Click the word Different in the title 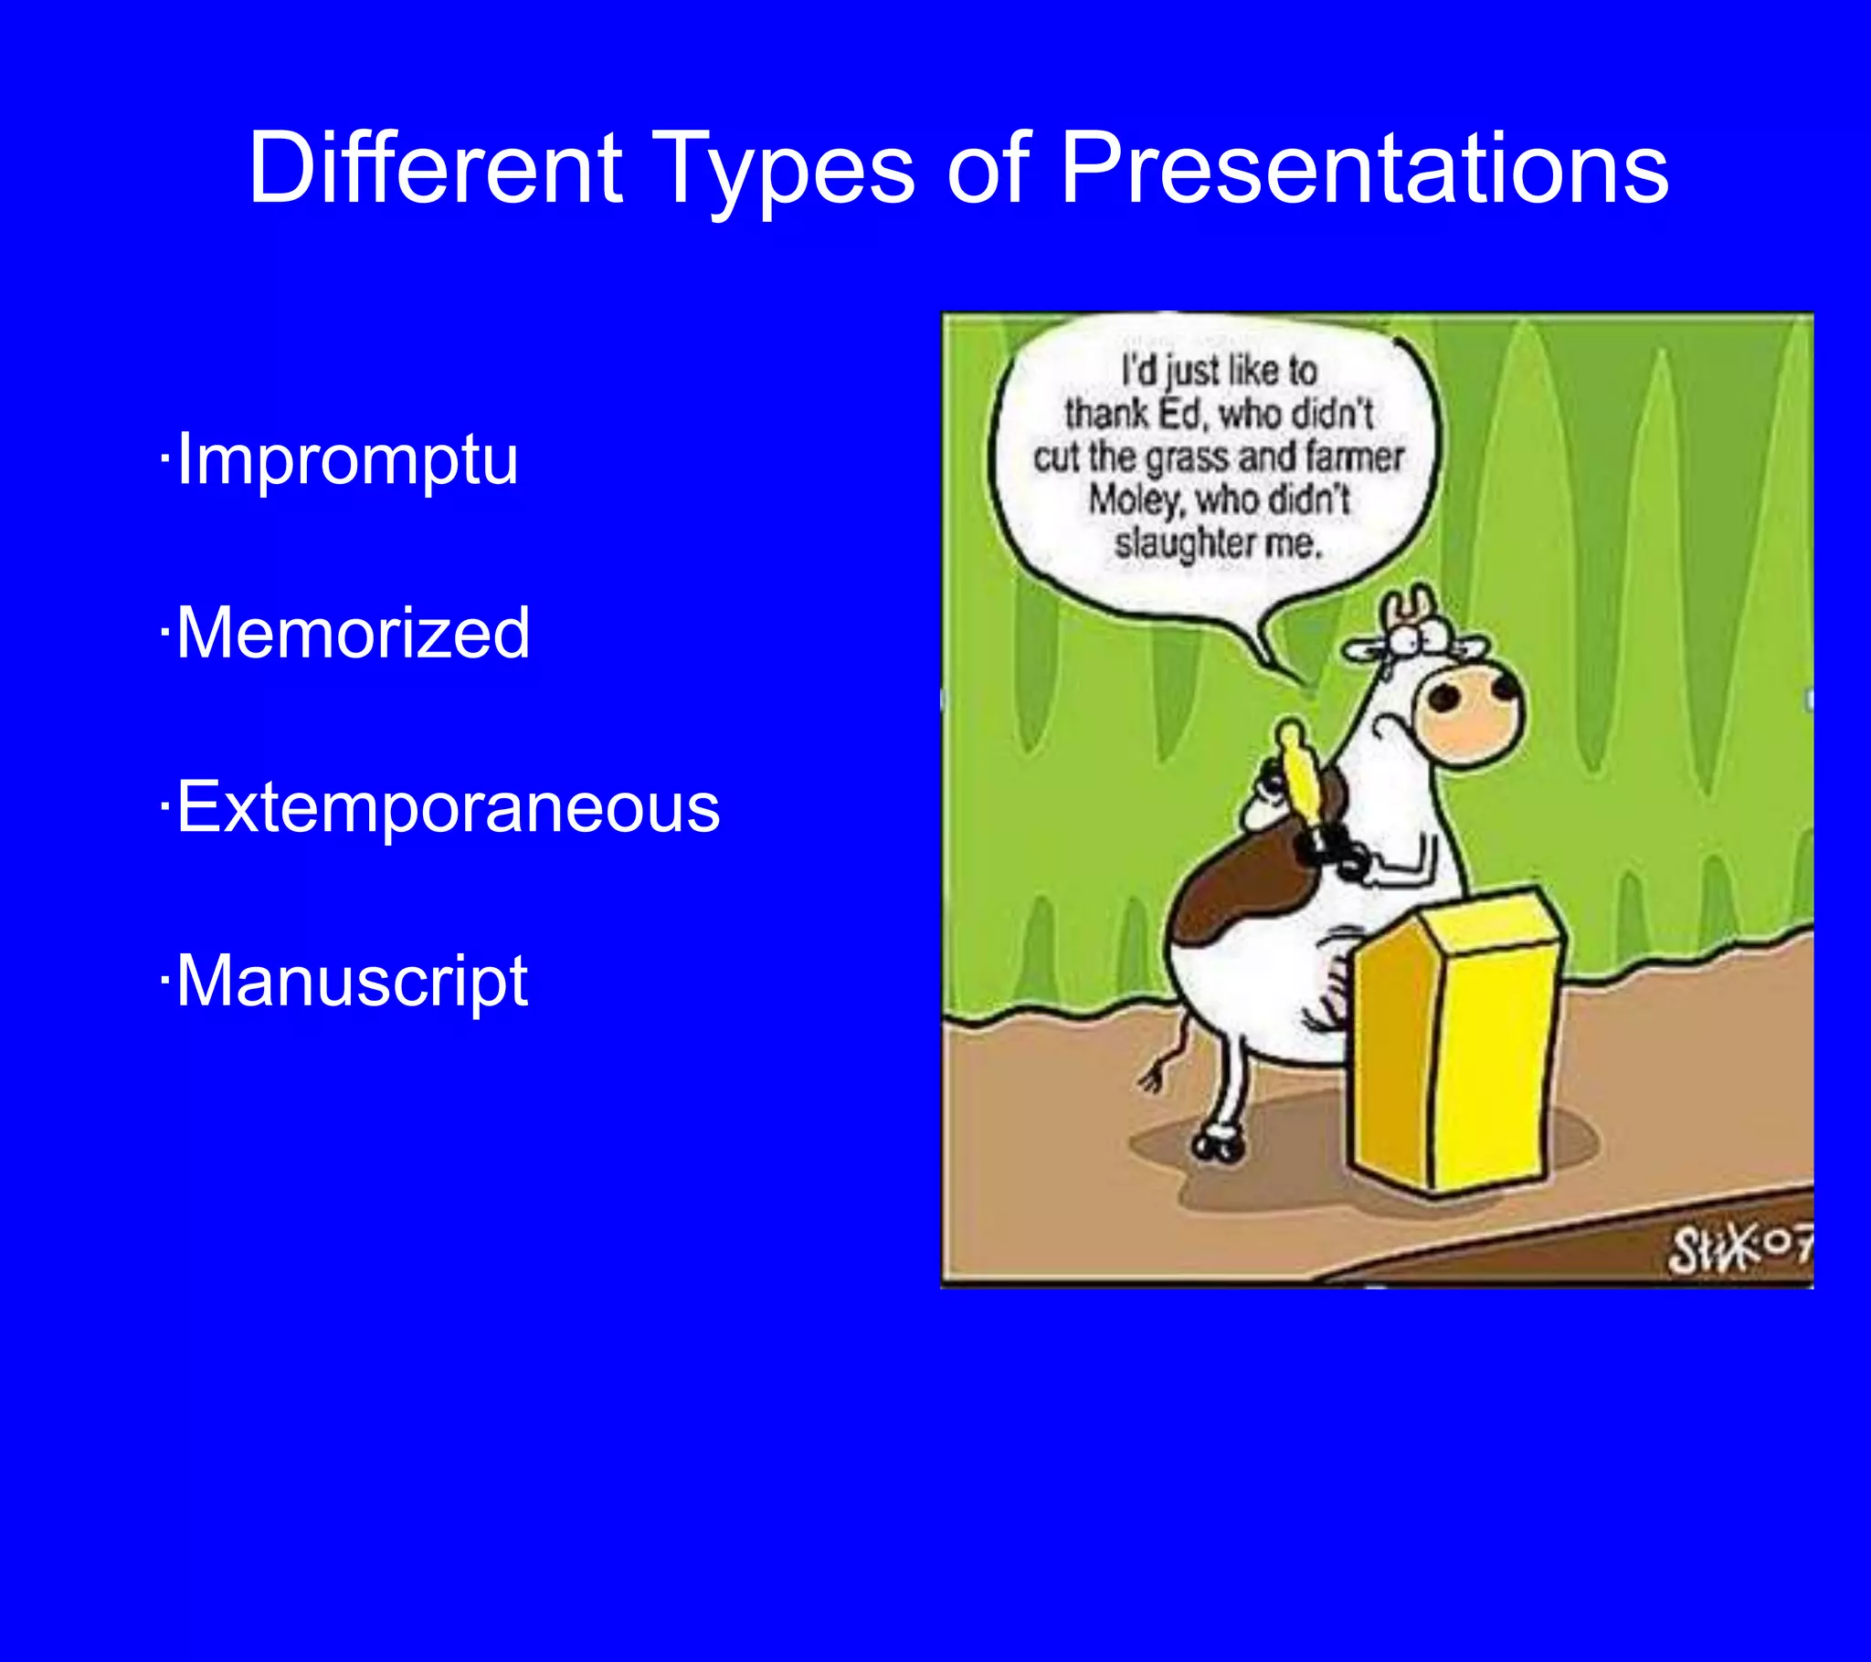[x=436, y=169]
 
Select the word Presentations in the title [x=1364, y=169]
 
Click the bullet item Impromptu [x=347, y=458]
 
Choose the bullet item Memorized [x=353, y=633]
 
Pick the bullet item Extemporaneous [x=448, y=807]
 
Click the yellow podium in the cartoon [x=1455, y=1044]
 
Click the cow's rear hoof [x=1218, y=1144]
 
